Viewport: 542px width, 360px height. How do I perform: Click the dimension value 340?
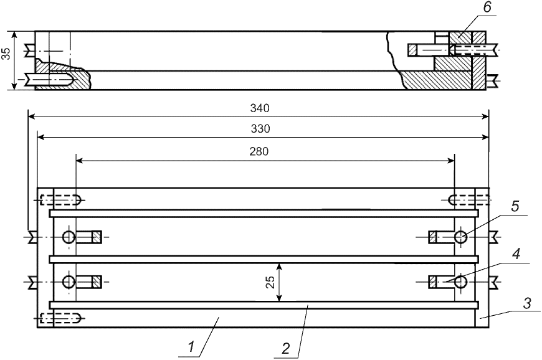pyautogui.click(x=259, y=108)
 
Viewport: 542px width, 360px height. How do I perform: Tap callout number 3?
pyautogui.click(x=526, y=305)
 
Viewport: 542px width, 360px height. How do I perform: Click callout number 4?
pyautogui.click(x=516, y=254)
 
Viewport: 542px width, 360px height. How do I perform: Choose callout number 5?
pyautogui.click(x=515, y=206)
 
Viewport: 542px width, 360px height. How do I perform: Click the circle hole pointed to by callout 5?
pyautogui.click(x=461, y=237)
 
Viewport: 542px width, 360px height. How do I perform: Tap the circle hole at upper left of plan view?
pyautogui.click(x=69, y=237)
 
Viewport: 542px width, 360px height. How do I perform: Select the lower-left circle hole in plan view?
pyautogui.click(x=69, y=282)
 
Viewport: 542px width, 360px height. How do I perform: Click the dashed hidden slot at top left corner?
pyautogui.click(x=60, y=200)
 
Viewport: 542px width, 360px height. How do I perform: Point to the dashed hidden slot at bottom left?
pyautogui.click(x=60, y=318)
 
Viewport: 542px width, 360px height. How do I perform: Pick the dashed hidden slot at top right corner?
pyautogui.click(x=468, y=200)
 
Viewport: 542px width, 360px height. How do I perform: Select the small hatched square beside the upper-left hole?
pyautogui.click(x=97, y=237)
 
